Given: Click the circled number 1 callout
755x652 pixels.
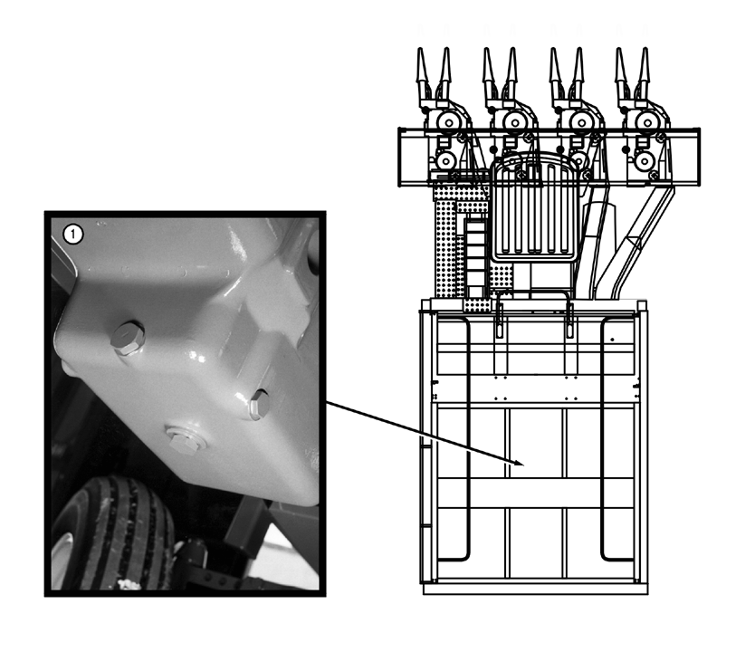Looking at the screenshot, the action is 73,235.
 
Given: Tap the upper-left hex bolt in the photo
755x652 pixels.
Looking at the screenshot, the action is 128,338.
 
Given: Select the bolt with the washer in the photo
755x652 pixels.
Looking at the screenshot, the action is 183,439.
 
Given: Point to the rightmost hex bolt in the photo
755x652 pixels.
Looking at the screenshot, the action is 260,404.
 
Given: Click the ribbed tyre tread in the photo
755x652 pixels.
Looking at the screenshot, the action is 115,534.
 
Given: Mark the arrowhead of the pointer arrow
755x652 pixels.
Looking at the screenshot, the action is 518,463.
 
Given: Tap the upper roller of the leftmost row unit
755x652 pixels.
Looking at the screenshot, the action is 449,122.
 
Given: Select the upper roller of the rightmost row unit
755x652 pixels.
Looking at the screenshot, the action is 647,122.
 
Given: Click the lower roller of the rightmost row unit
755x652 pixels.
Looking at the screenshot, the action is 644,161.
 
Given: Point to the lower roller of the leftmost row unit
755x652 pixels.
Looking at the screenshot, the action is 445,161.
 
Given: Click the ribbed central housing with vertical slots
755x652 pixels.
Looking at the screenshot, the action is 535,207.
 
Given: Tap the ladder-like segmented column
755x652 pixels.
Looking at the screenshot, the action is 475,256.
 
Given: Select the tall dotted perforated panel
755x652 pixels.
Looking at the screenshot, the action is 445,241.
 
